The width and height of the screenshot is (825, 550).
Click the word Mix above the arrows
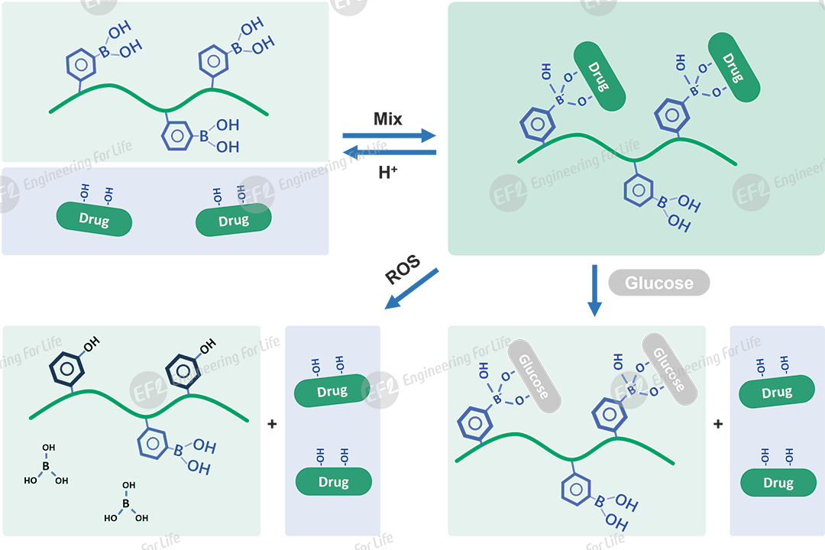388,119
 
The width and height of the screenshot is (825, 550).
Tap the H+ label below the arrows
388,172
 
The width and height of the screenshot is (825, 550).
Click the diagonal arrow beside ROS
412,288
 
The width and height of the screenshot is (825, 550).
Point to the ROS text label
403,270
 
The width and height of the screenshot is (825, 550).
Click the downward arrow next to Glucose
594,290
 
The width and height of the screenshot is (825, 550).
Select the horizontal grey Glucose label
658,283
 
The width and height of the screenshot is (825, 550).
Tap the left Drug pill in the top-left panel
94,221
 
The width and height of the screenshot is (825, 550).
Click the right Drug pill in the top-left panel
234,222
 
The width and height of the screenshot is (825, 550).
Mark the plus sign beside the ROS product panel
273,424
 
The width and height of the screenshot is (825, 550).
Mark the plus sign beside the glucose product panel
718,424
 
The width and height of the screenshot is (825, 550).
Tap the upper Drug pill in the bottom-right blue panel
777,393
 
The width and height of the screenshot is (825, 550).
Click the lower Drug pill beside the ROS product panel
334,482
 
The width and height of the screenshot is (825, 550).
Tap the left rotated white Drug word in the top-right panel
597,77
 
